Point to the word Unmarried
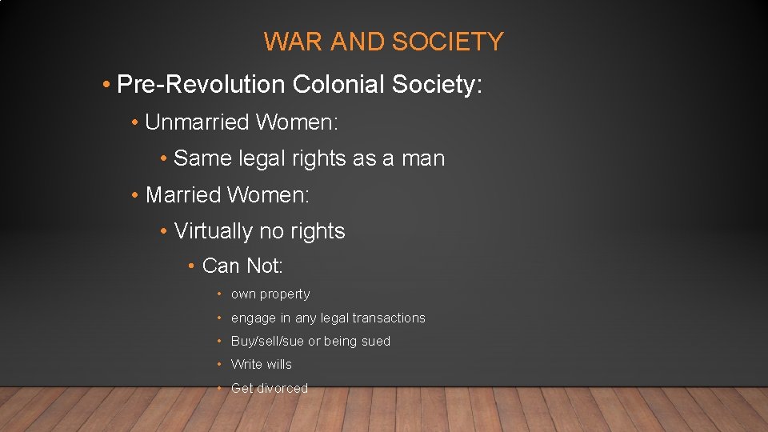pyautogui.click(x=197, y=122)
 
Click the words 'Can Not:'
pyautogui.click(x=242, y=265)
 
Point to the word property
pyautogui.click(x=284, y=294)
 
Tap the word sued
pyautogui.click(x=375, y=341)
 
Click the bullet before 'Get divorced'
pyautogui.click(x=219, y=388)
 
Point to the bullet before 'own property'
pyautogui.click(x=219, y=294)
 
